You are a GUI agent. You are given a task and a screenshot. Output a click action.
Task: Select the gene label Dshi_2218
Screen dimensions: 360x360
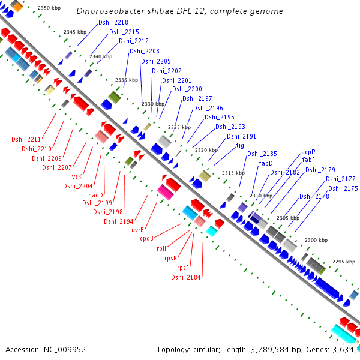112,23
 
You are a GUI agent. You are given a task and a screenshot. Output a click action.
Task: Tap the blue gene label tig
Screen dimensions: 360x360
240,146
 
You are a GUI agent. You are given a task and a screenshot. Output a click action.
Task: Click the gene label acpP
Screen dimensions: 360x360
308,152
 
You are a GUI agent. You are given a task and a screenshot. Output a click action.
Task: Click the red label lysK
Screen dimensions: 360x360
76,176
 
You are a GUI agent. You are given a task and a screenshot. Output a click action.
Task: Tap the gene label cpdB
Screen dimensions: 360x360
147,238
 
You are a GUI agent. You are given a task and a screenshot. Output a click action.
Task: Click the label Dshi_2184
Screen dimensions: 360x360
185,277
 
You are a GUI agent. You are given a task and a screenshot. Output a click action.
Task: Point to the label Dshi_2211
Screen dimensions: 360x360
26,139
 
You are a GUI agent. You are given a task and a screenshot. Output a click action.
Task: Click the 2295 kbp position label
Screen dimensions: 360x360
343,262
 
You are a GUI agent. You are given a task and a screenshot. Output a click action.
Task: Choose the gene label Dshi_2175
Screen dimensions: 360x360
343,188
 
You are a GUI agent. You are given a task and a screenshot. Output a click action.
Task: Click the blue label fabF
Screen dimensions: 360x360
308,160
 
